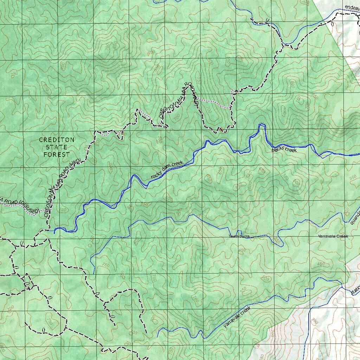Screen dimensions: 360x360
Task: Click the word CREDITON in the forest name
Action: click(57, 140)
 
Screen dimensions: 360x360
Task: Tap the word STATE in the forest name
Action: click(57, 147)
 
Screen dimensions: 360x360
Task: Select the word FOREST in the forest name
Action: click(57, 154)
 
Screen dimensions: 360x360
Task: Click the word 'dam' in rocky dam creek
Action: click(167, 168)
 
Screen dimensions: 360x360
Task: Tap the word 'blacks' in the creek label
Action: click(277, 150)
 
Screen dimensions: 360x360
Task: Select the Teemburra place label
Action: click(239, 237)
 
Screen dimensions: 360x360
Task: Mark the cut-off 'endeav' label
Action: click(352, 7)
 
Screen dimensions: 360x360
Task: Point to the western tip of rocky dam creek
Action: click(54, 232)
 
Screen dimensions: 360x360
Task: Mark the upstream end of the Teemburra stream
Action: click(94, 273)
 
